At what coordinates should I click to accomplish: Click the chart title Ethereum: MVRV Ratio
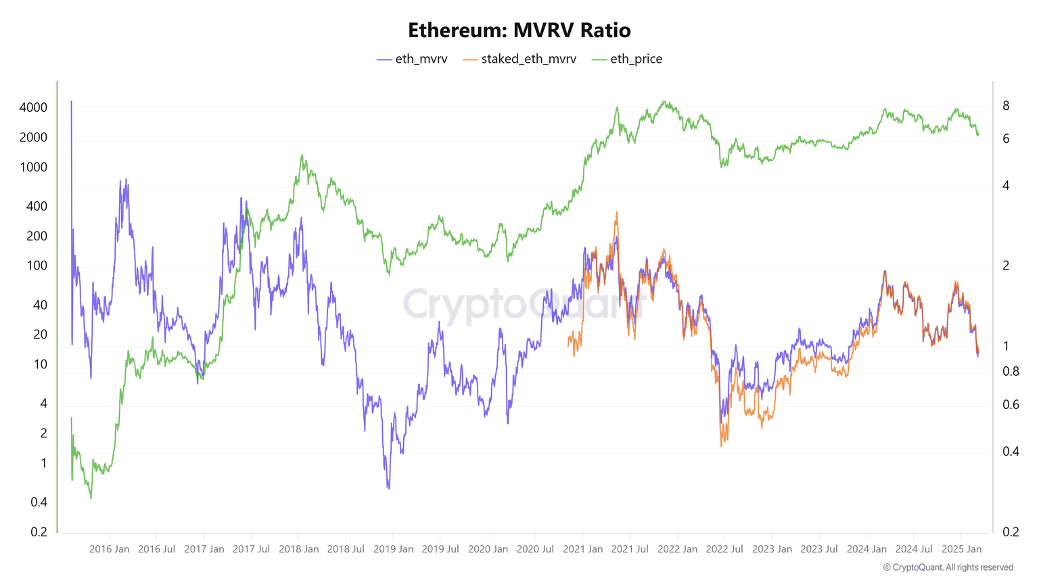(519, 30)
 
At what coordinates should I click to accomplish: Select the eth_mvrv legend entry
(413, 60)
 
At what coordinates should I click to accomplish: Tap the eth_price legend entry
(627, 60)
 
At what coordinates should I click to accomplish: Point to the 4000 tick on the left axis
(33, 108)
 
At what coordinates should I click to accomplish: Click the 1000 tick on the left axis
(33, 167)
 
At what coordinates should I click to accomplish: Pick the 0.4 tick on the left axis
(39, 502)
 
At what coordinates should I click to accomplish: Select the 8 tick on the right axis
(1006, 106)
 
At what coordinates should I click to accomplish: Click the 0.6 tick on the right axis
(1010, 405)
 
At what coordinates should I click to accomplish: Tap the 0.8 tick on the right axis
(1010, 371)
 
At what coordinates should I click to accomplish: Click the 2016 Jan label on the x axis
(109, 549)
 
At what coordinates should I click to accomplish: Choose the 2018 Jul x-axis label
(346, 549)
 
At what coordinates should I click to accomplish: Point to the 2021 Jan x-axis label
(582, 549)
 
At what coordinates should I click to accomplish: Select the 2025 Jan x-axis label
(961, 549)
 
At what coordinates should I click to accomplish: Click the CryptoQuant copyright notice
(948, 567)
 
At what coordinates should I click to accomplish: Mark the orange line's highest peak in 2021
(616, 213)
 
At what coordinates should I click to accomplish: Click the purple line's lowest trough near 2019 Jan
(388, 487)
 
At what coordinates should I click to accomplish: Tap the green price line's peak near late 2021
(666, 102)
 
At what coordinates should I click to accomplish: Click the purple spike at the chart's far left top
(71, 102)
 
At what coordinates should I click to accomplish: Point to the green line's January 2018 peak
(302, 155)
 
